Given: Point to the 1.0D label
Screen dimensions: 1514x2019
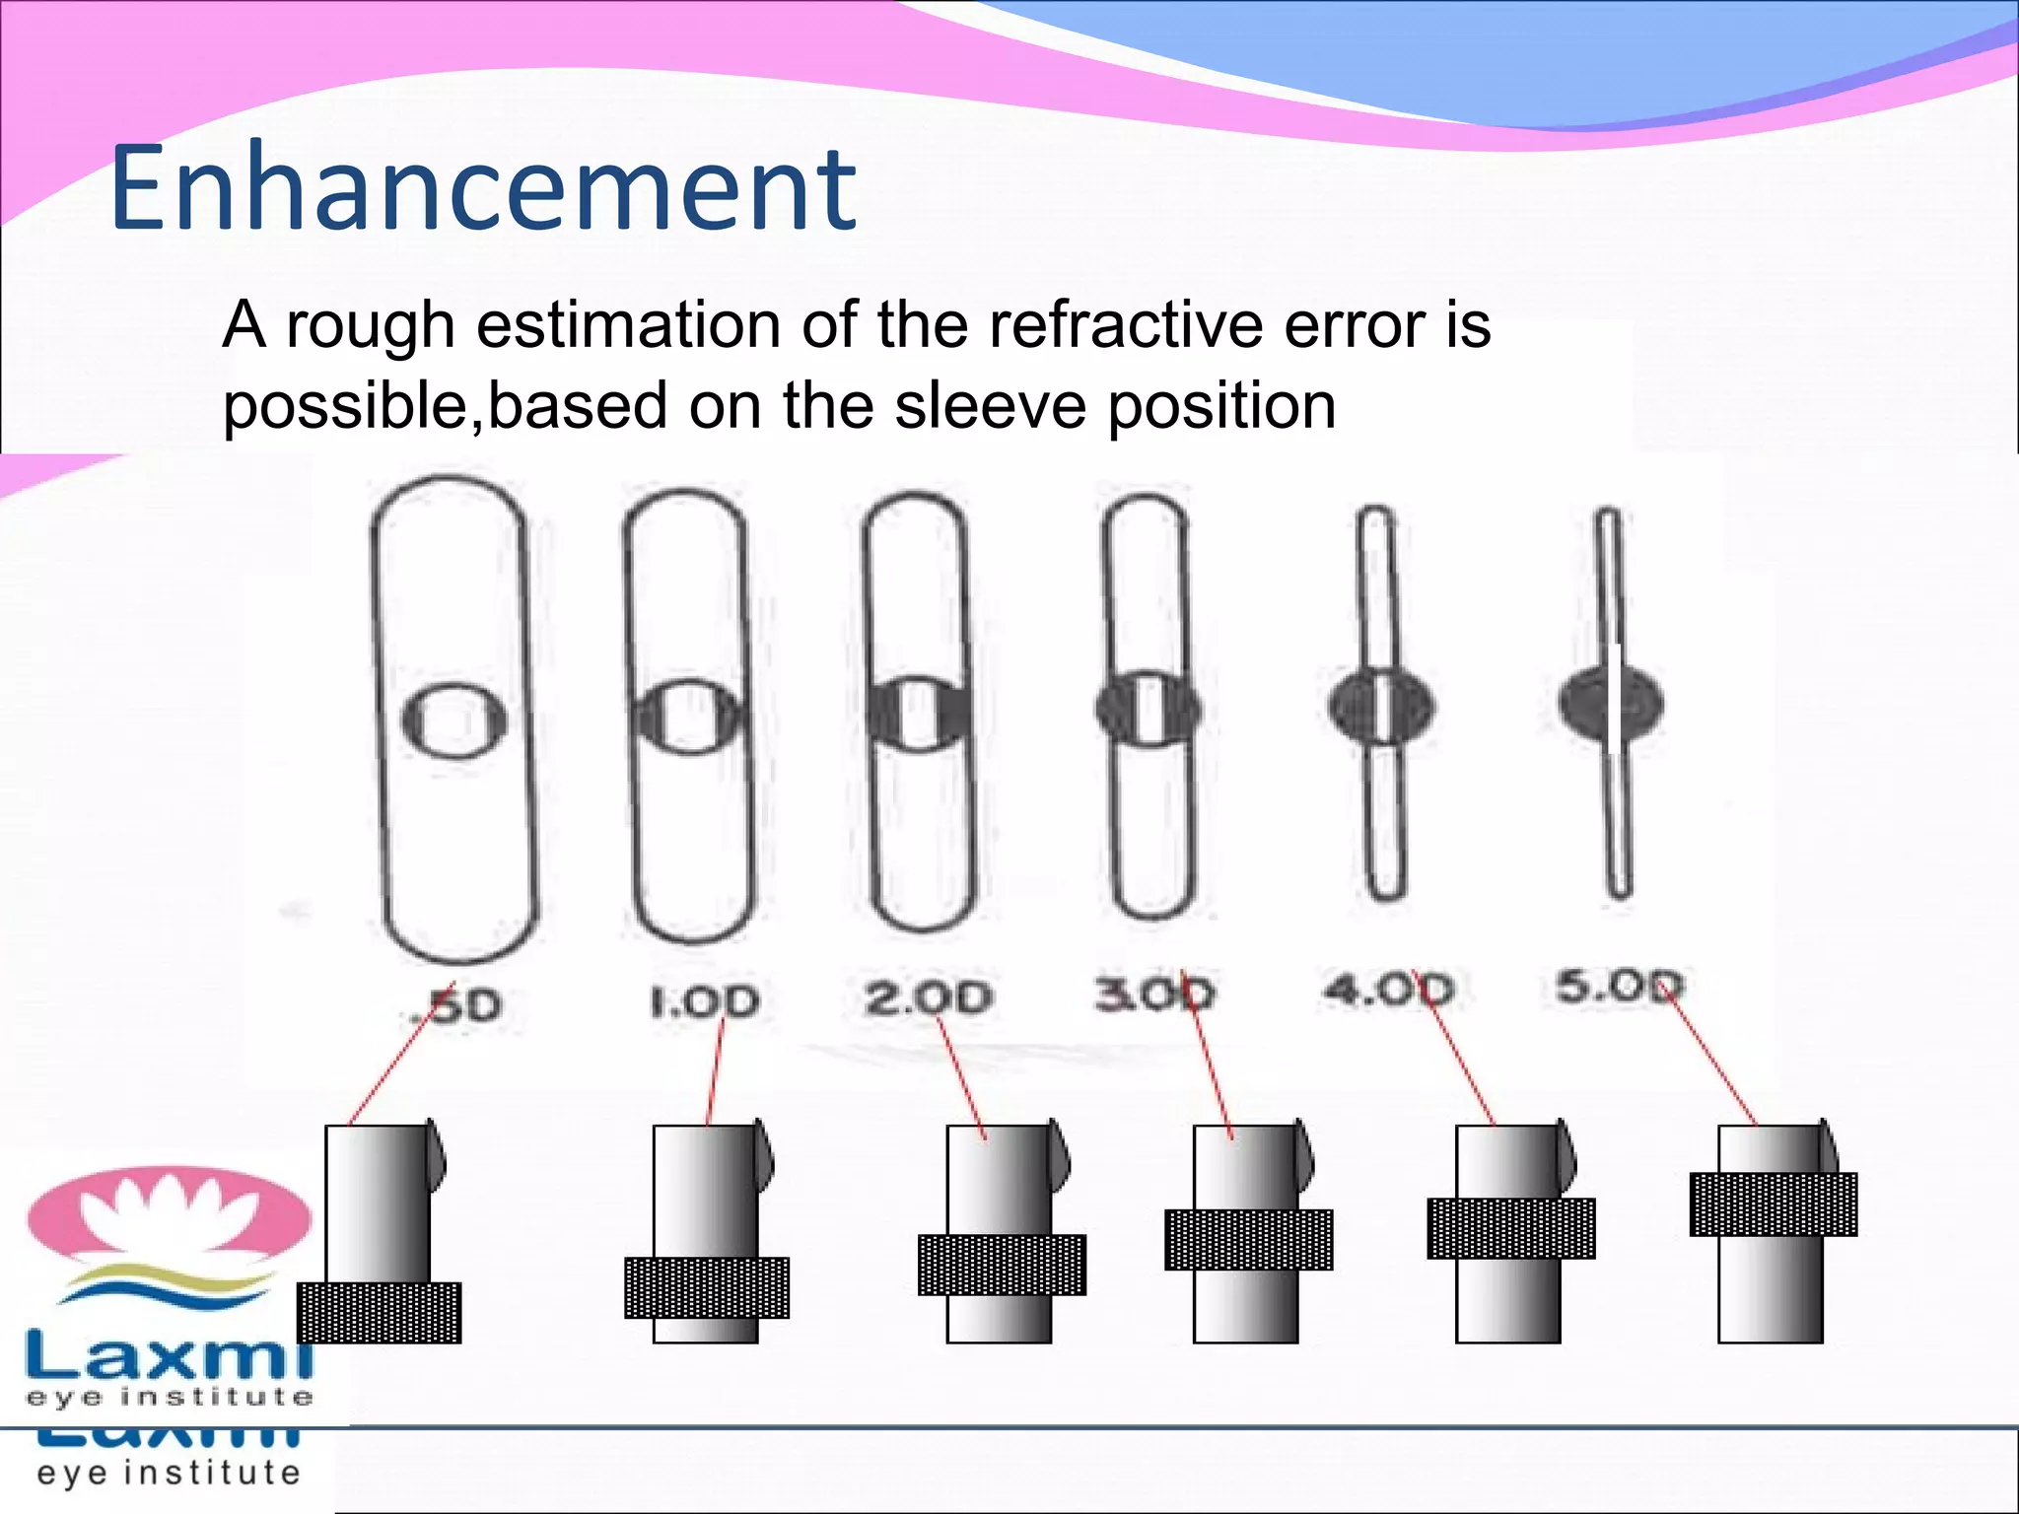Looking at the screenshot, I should pos(704,1002).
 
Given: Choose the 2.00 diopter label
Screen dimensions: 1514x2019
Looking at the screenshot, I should pos(928,998).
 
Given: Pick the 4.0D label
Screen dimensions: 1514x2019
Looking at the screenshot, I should pos(1389,990).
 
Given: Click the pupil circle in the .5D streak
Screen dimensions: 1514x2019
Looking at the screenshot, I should pos(454,722).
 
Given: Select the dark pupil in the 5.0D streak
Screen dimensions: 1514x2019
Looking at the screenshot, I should pos(1611,703).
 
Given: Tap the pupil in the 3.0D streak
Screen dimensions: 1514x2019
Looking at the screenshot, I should pos(1149,709).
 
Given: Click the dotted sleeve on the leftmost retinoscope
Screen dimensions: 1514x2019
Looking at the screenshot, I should pos(380,1312).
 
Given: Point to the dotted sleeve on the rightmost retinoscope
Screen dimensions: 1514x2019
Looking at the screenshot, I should pos(1774,1204).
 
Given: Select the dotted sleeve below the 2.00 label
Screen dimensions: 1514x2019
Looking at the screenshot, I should pos(1002,1265).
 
